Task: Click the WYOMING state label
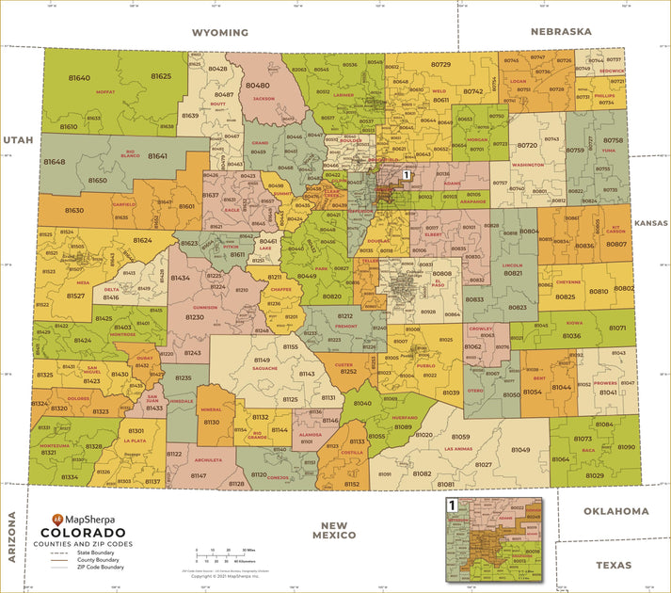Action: pos(219,32)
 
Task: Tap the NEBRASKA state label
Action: pos(561,31)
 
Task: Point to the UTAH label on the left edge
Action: pos(17,139)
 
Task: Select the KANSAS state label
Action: pos(650,223)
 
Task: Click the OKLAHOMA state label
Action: pos(615,511)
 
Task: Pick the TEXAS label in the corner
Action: pos(614,565)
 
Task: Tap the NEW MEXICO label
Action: pos(337,530)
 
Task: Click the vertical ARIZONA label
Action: pos(13,537)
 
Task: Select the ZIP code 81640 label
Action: pos(80,77)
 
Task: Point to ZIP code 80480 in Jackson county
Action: pos(257,85)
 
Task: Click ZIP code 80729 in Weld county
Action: pos(440,64)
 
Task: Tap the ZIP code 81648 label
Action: pos(54,162)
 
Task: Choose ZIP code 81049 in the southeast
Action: pos(520,450)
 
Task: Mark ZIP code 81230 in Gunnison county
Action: pos(195,317)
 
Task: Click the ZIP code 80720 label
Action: pos(527,145)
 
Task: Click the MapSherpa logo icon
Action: pos(57,519)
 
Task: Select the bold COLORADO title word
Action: pos(87,532)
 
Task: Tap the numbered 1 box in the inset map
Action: pos(452,505)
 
